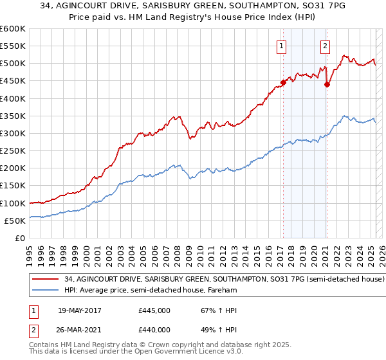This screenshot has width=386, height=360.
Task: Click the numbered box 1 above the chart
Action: point(282,46)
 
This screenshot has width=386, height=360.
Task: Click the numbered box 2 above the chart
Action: point(326,46)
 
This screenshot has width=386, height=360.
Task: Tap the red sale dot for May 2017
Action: point(282,82)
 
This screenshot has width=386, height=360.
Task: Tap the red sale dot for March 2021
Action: point(327,84)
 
